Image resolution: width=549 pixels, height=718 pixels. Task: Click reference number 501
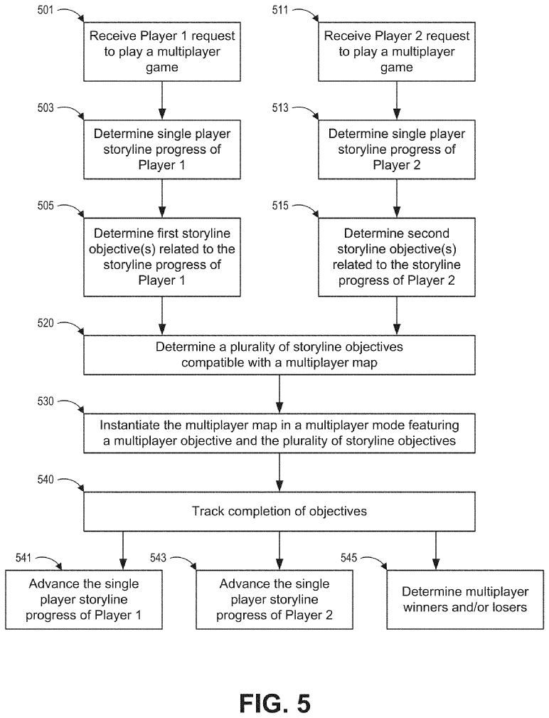pos(45,10)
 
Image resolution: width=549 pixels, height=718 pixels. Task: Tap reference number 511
pos(280,10)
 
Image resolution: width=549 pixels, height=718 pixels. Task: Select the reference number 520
pos(46,323)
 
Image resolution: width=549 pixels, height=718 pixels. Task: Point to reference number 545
pos(348,558)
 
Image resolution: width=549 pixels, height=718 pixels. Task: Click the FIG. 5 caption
pos(275,703)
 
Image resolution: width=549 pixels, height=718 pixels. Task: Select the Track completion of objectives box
pos(279,512)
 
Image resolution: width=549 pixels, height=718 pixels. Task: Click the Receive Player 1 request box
pos(162,52)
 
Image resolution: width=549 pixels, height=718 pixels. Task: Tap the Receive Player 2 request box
pos(397,52)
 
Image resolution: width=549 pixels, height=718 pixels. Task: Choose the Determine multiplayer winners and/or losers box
pos(465,599)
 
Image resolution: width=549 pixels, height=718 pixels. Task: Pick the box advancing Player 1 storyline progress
pos(84,599)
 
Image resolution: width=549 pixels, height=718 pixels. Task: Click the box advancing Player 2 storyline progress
pos(274,599)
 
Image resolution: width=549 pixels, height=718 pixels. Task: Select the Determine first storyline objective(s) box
pos(162,257)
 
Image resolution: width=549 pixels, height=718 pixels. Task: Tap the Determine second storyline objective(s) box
pos(397,257)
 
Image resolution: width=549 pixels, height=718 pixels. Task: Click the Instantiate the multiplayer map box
pos(279,433)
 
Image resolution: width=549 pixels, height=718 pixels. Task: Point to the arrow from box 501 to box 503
pos(162,101)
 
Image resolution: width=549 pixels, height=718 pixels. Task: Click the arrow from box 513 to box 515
pos(397,199)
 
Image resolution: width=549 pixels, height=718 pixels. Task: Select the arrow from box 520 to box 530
pos(279,394)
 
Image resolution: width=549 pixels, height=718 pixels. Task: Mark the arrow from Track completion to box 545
pos(436,550)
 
